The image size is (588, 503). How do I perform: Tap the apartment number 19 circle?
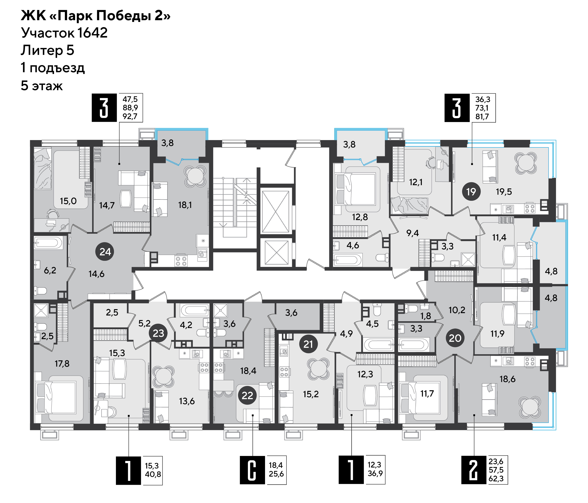(x=471, y=192)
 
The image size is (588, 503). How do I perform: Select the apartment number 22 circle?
(x=247, y=395)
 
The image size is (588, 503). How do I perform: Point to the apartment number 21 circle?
(x=308, y=344)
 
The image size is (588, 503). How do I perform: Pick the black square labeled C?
(x=252, y=470)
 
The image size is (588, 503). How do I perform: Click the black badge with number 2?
(x=474, y=470)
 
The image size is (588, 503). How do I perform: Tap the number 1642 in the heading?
(x=93, y=33)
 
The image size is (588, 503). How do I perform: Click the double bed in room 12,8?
(x=356, y=189)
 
